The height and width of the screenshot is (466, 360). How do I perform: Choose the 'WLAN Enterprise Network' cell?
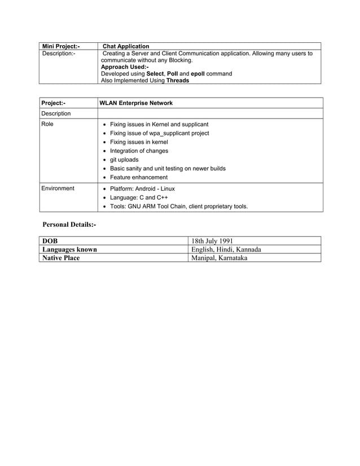(136, 103)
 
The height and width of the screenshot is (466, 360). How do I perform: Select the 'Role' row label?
(47, 124)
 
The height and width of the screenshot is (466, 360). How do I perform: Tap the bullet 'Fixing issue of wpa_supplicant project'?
(159, 133)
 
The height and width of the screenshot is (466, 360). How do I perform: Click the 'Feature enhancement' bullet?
(138, 177)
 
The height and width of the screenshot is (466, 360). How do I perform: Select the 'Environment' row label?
(58, 188)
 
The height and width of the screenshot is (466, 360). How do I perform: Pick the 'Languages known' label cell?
(69, 249)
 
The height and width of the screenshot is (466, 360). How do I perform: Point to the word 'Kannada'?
(245, 249)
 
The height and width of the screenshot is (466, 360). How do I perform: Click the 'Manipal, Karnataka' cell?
(219, 258)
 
